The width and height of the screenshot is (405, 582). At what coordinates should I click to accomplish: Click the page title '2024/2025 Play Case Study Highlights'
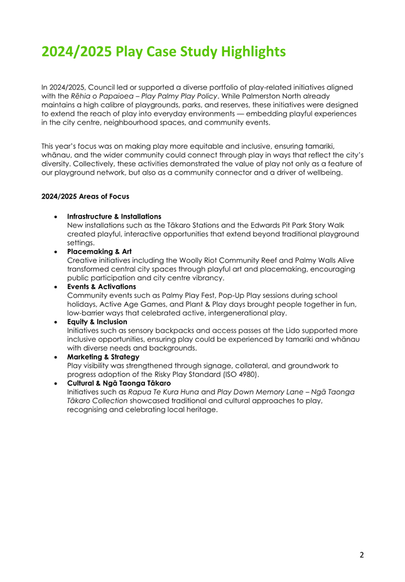[x=163, y=51]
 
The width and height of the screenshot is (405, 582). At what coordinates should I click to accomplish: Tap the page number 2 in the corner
[x=361, y=555]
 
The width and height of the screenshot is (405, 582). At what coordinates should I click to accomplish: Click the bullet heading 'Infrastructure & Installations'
[x=114, y=216]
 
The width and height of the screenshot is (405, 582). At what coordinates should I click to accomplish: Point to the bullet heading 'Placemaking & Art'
[x=99, y=251]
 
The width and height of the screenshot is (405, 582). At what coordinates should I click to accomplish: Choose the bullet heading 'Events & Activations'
[x=101, y=287]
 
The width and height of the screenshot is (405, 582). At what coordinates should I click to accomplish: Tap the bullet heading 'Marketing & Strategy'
[x=103, y=356]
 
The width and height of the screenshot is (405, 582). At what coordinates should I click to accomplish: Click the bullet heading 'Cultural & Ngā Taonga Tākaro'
[x=119, y=383]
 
